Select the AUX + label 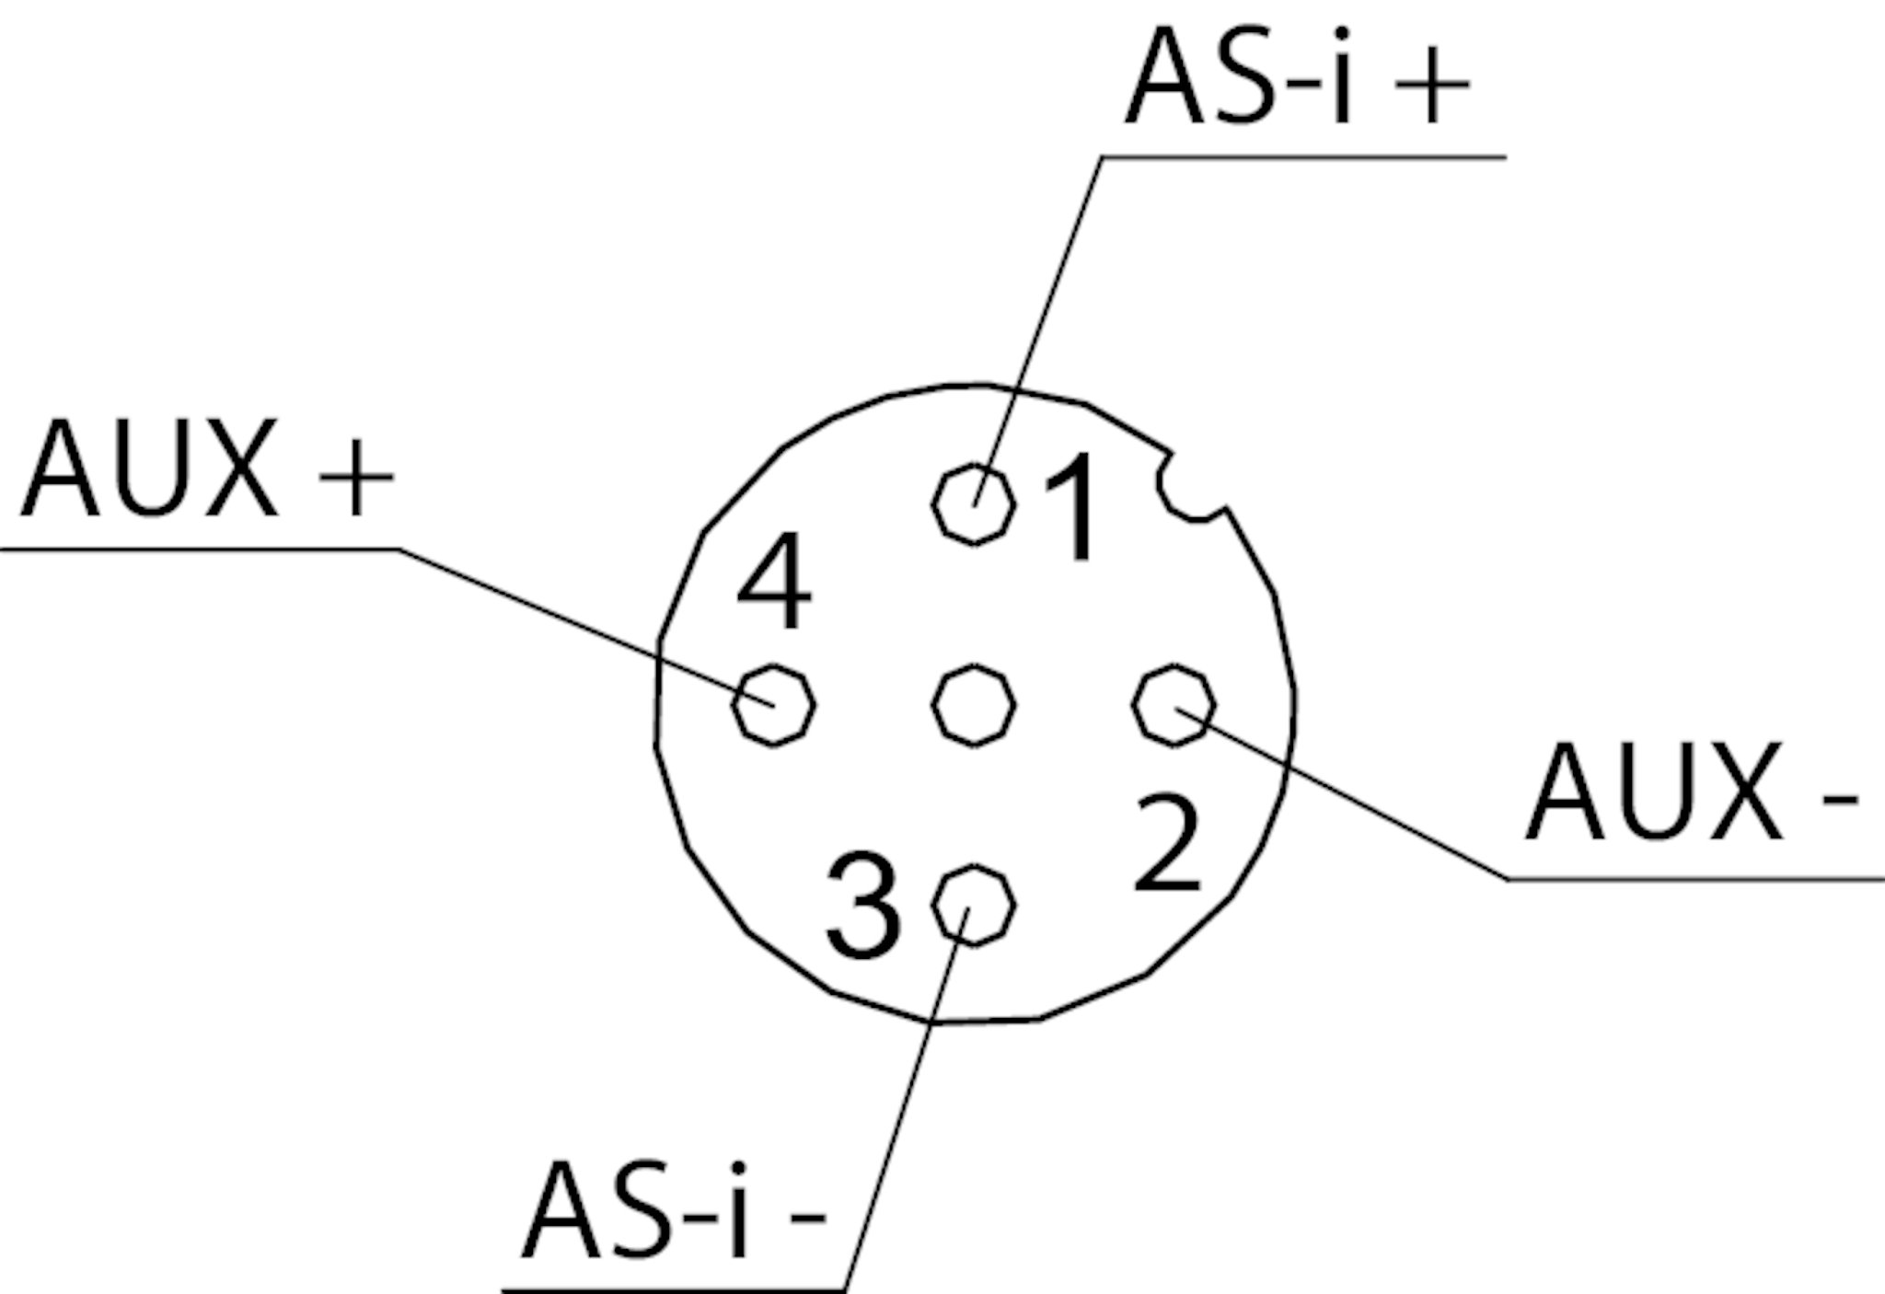coord(206,469)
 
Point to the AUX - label coord(1690,793)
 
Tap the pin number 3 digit coord(862,906)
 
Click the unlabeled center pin coord(974,705)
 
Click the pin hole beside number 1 coord(974,504)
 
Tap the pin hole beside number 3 coord(973,906)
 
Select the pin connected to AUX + coord(773,705)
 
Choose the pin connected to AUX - coord(1174,705)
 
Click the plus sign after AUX coord(355,478)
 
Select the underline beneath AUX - coord(1694,880)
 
